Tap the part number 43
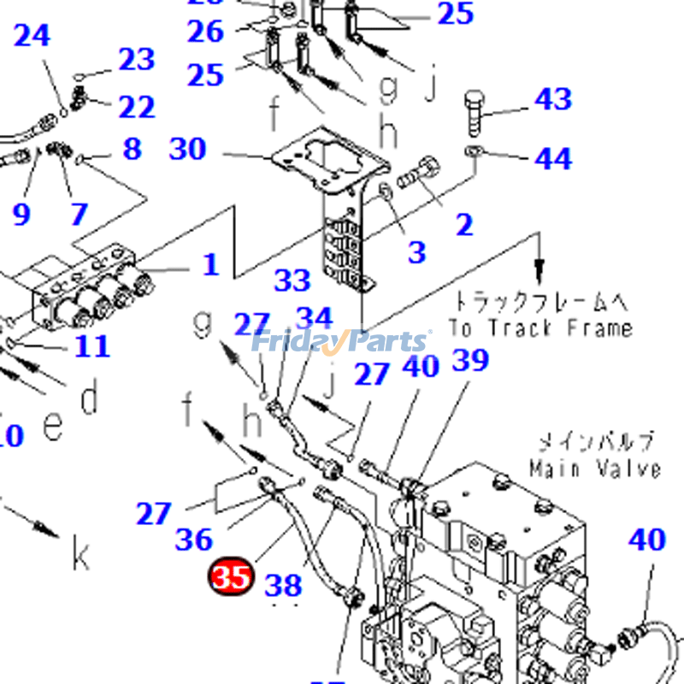(552, 99)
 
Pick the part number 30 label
(188, 149)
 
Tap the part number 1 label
(210, 264)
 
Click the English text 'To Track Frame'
(540, 327)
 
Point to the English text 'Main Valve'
(594, 469)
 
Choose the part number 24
(32, 36)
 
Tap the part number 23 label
(136, 59)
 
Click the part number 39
(469, 360)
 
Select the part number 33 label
(292, 280)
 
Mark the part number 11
(91, 346)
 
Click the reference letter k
(80, 557)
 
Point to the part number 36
(193, 540)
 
